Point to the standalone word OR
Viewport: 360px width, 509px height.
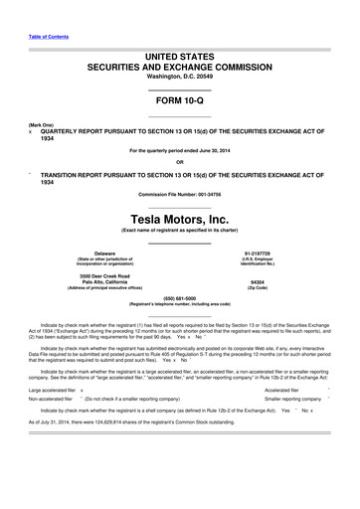179,162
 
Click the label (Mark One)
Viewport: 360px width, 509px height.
41,125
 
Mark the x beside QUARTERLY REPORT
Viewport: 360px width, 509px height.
31,133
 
